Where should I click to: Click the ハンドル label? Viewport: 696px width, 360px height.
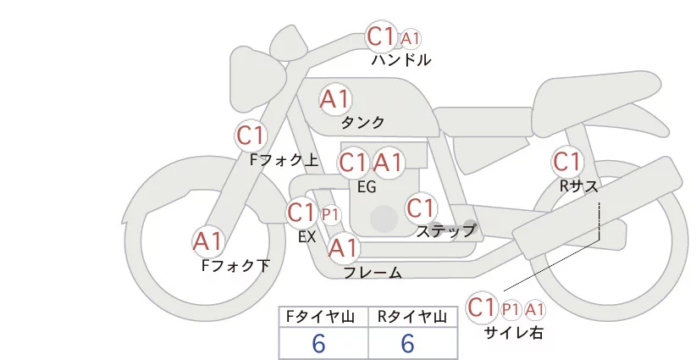[x=401, y=60]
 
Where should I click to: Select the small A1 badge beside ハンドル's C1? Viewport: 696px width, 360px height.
[x=411, y=38]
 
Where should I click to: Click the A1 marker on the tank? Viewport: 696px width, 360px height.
[x=335, y=99]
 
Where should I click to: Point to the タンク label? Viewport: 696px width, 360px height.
[x=363, y=122]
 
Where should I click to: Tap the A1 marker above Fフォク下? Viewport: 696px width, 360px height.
[x=208, y=242]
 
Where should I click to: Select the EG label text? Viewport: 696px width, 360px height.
[x=367, y=186]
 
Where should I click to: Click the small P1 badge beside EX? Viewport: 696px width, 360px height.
[x=330, y=215]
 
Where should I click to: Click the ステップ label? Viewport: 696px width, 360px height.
[x=446, y=230]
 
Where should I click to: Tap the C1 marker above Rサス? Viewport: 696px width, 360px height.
[x=566, y=161]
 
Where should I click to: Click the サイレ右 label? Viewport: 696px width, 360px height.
[x=513, y=333]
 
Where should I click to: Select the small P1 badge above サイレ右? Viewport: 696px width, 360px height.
[x=511, y=309]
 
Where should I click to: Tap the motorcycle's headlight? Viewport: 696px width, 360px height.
[x=251, y=64]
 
